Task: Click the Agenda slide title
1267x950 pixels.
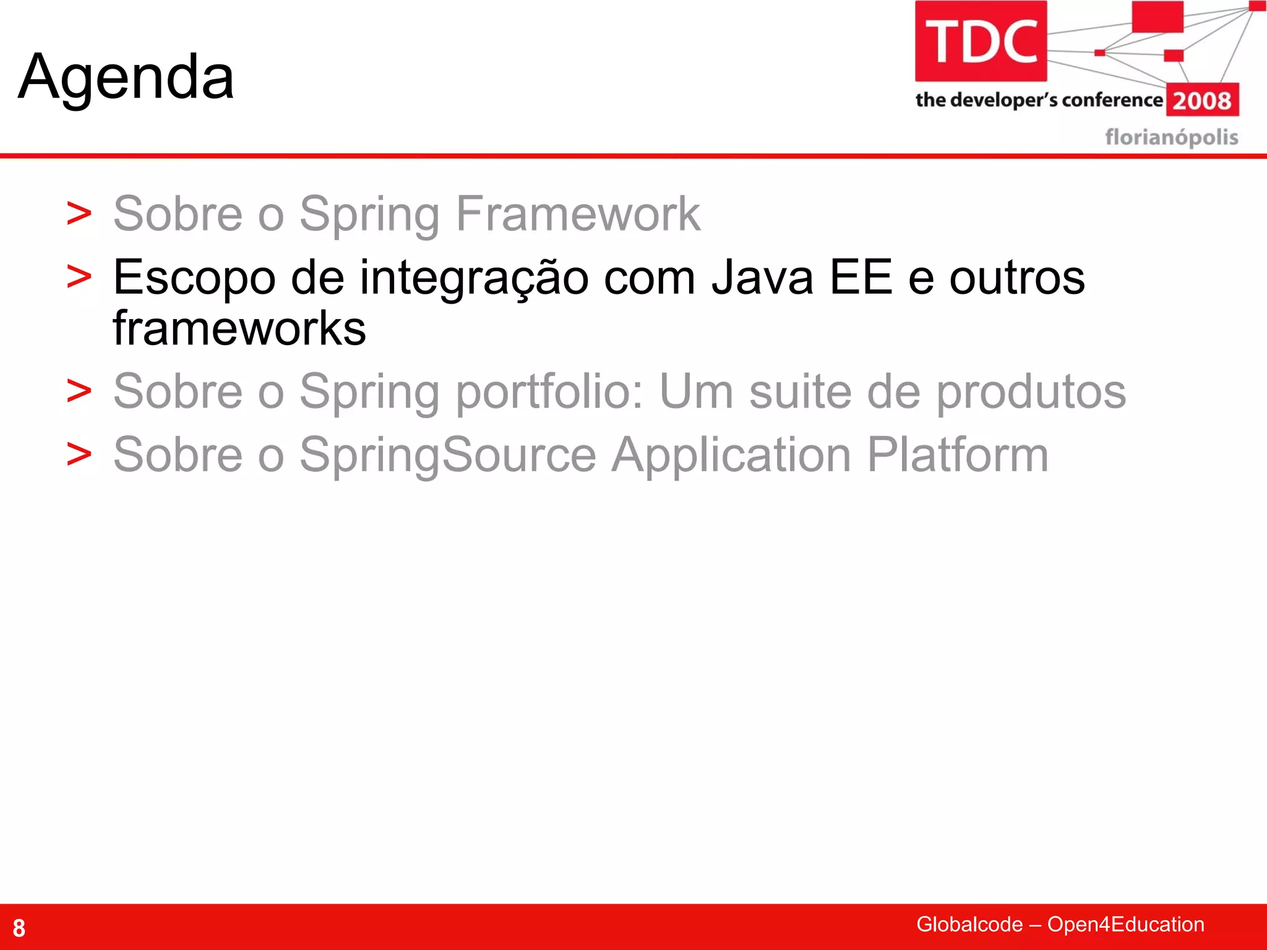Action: (x=126, y=77)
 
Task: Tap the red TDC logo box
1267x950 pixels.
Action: (x=981, y=41)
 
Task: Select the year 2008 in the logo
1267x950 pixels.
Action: (x=1202, y=100)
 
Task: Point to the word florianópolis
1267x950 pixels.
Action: (x=1172, y=137)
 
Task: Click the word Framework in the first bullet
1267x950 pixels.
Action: (x=578, y=213)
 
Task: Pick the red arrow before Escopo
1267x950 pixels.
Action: (x=79, y=276)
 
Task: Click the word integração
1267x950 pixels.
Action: (x=475, y=278)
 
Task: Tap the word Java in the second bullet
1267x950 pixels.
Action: (x=762, y=278)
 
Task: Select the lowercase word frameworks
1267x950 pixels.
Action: (x=239, y=328)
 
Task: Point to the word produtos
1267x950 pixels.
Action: (x=1031, y=392)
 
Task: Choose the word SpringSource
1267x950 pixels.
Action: (x=448, y=455)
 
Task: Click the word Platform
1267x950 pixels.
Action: (x=958, y=455)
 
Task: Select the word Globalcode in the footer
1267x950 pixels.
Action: (x=969, y=924)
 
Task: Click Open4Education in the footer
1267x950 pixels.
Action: (x=1125, y=924)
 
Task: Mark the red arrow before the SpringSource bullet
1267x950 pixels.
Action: (x=79, y=455)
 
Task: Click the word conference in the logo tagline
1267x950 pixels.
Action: (x=1112, y=100)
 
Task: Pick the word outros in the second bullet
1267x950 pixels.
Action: (x=1017, y=278)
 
